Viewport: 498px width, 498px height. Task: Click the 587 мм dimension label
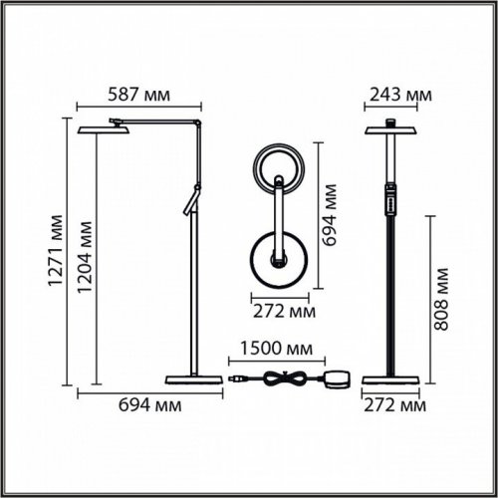click(x=138, y=96)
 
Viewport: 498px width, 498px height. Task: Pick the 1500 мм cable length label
click(x=270, y=349)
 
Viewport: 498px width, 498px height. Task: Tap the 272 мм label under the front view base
click(x=392, y=404)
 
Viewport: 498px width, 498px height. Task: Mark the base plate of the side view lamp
click(x=190, y=379)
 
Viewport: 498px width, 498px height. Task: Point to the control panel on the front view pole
click(x=391, y=195)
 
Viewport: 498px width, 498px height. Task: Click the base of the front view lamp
click(x=391, y=379)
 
